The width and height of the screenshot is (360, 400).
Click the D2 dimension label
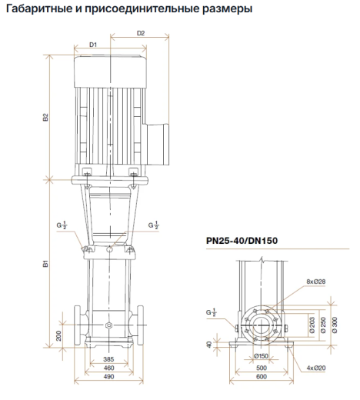[141, 33]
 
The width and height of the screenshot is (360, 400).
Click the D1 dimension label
[93, 45]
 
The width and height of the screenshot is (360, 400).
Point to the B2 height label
[45, 117]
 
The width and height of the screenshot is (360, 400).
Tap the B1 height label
[45, 264]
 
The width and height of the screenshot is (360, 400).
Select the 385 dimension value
[108, 359]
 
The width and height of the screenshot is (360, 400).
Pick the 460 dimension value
[108, 368]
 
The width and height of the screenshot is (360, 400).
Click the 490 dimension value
[108, 377]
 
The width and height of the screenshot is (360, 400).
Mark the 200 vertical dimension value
[58, 335]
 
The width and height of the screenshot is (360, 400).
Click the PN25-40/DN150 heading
[242, 241]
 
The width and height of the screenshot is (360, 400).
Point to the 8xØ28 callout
[316, 282]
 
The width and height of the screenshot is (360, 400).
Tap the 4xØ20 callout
[316, 368]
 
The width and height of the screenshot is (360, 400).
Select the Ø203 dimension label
[312, 325]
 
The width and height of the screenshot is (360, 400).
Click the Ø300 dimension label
[335, 325]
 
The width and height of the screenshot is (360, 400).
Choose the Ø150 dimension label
[261, 356]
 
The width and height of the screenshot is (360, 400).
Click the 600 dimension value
[262, 377]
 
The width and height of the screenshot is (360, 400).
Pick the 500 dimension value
[262, 368]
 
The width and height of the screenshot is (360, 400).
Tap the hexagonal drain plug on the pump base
[108, 325]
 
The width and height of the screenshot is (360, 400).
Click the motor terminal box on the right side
[157, 145]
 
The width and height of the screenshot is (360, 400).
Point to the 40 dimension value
[209, 345]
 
